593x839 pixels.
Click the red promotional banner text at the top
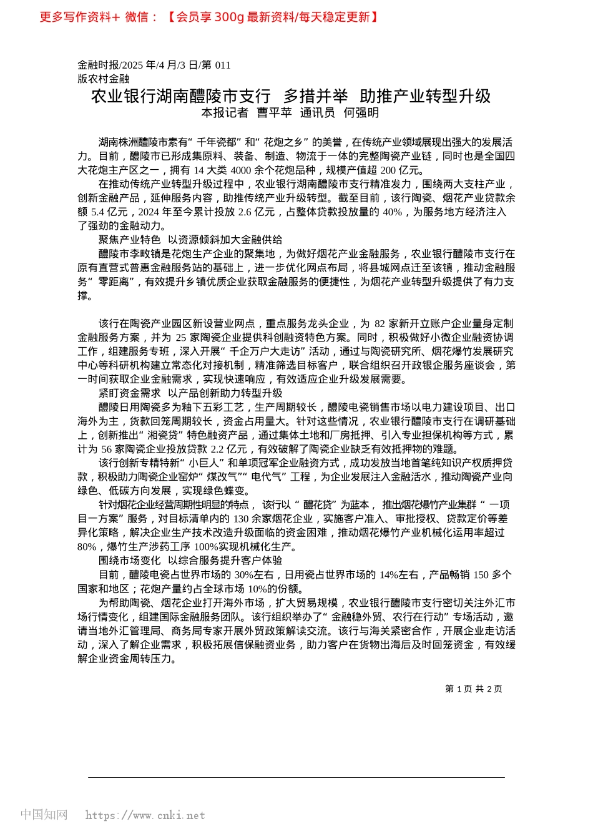click(x=209, y=17)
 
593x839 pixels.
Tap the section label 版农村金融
click(x=104, y=79)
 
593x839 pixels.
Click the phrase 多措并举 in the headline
click(x=315, y=96)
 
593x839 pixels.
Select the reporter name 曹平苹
click(x=274, y=113)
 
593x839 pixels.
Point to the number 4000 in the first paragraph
click(x=240, y=170)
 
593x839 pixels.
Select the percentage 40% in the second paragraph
click(x=392, y=212)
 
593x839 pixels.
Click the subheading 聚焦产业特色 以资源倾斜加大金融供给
click(x=190, y=240)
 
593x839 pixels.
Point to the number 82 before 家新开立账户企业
click(x=380, y=323)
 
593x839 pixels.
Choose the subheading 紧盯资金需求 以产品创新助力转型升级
click(x=190, y=393)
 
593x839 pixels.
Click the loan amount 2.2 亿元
click(x=229, y=449)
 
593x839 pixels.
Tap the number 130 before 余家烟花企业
click(x=241, y=519)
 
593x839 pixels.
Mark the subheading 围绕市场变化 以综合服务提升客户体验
click(x=190, y=561)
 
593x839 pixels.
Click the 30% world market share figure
click(x=243, y=575)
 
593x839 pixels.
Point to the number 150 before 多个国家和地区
click(x=481, y=575)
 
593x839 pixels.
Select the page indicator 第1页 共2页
click(x=474, y=689)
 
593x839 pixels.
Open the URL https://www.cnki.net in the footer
click(x=145, y=815)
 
